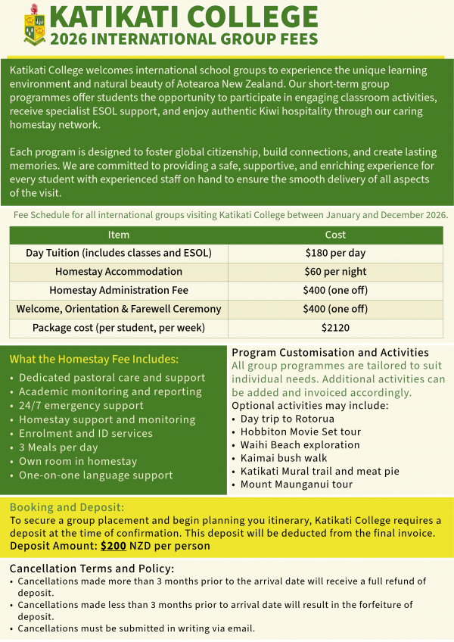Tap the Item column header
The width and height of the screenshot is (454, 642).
coord(119,235)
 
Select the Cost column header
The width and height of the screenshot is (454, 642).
coord(335,235)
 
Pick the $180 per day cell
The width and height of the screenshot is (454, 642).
coord(335,253)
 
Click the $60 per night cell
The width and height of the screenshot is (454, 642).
coord(335,272)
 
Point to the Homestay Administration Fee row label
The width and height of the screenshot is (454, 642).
coord(119,290)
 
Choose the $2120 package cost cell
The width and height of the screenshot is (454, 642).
coord(335,328)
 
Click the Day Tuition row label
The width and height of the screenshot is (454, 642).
coord(119,253)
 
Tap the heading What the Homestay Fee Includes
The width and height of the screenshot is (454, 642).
coord(94,359)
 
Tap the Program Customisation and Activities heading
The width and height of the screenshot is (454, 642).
coord(330,353)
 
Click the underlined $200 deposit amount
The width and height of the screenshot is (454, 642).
coord(113,545)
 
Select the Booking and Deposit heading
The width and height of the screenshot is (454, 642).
coord(67,507)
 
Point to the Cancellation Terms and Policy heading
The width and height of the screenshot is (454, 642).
coord(92,569)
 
